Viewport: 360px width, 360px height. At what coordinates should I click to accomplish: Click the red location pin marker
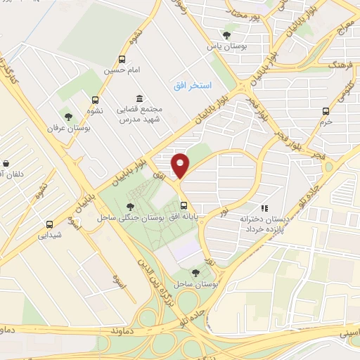click(181, 166)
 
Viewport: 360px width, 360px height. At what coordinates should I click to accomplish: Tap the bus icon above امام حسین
click(122, 60)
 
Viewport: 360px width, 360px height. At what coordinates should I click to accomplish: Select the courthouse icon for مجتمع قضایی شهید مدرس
click(139, 98)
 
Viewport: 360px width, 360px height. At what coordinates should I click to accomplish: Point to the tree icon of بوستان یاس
click(226, 34)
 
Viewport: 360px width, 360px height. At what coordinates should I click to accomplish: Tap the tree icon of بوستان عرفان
click(68, 117)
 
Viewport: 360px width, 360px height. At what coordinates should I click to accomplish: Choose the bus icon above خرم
click(325, 111)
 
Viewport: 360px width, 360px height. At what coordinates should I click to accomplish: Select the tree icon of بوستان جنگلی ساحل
click(130, 206)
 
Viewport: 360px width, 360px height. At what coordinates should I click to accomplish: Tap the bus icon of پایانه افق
click(184, 206)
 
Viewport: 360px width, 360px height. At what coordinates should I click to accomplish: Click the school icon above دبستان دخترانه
click(264, 208)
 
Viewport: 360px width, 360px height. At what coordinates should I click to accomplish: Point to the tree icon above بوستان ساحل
click(195, 272)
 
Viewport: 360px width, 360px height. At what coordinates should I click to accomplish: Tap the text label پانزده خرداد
click(264, 231)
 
